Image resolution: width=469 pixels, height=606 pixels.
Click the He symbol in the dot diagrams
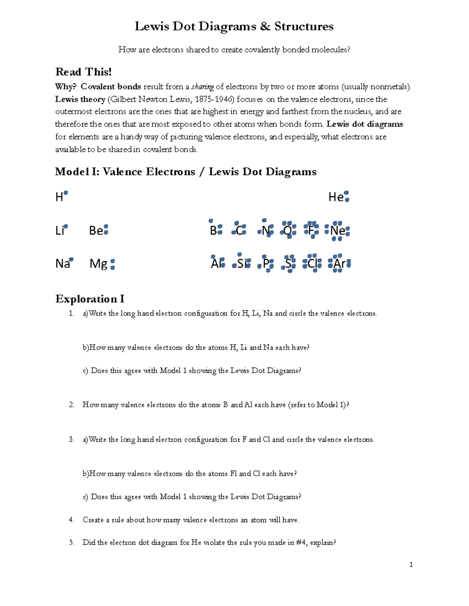point(336,197)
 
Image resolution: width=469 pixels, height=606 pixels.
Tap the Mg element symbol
point(98,264)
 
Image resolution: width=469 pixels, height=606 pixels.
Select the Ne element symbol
point(338,231)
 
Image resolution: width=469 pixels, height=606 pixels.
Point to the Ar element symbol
point(339,264)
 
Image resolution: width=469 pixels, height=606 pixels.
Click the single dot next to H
point(66,193)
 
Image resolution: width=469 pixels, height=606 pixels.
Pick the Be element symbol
point(96,231)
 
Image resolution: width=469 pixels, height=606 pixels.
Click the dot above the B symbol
point(211,221)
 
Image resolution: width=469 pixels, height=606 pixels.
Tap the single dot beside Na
point(71,259)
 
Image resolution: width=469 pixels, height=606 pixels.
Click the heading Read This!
point(83,72)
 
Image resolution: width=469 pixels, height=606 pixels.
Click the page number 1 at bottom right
point(411,564)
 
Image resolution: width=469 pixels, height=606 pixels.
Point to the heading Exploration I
point(90,299)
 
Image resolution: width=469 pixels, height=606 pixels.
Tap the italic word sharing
point(202,87)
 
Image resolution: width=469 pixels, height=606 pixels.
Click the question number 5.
point(71,542)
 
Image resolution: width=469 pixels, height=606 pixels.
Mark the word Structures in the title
point(304,27)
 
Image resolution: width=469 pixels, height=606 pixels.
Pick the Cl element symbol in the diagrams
point(312,264)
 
